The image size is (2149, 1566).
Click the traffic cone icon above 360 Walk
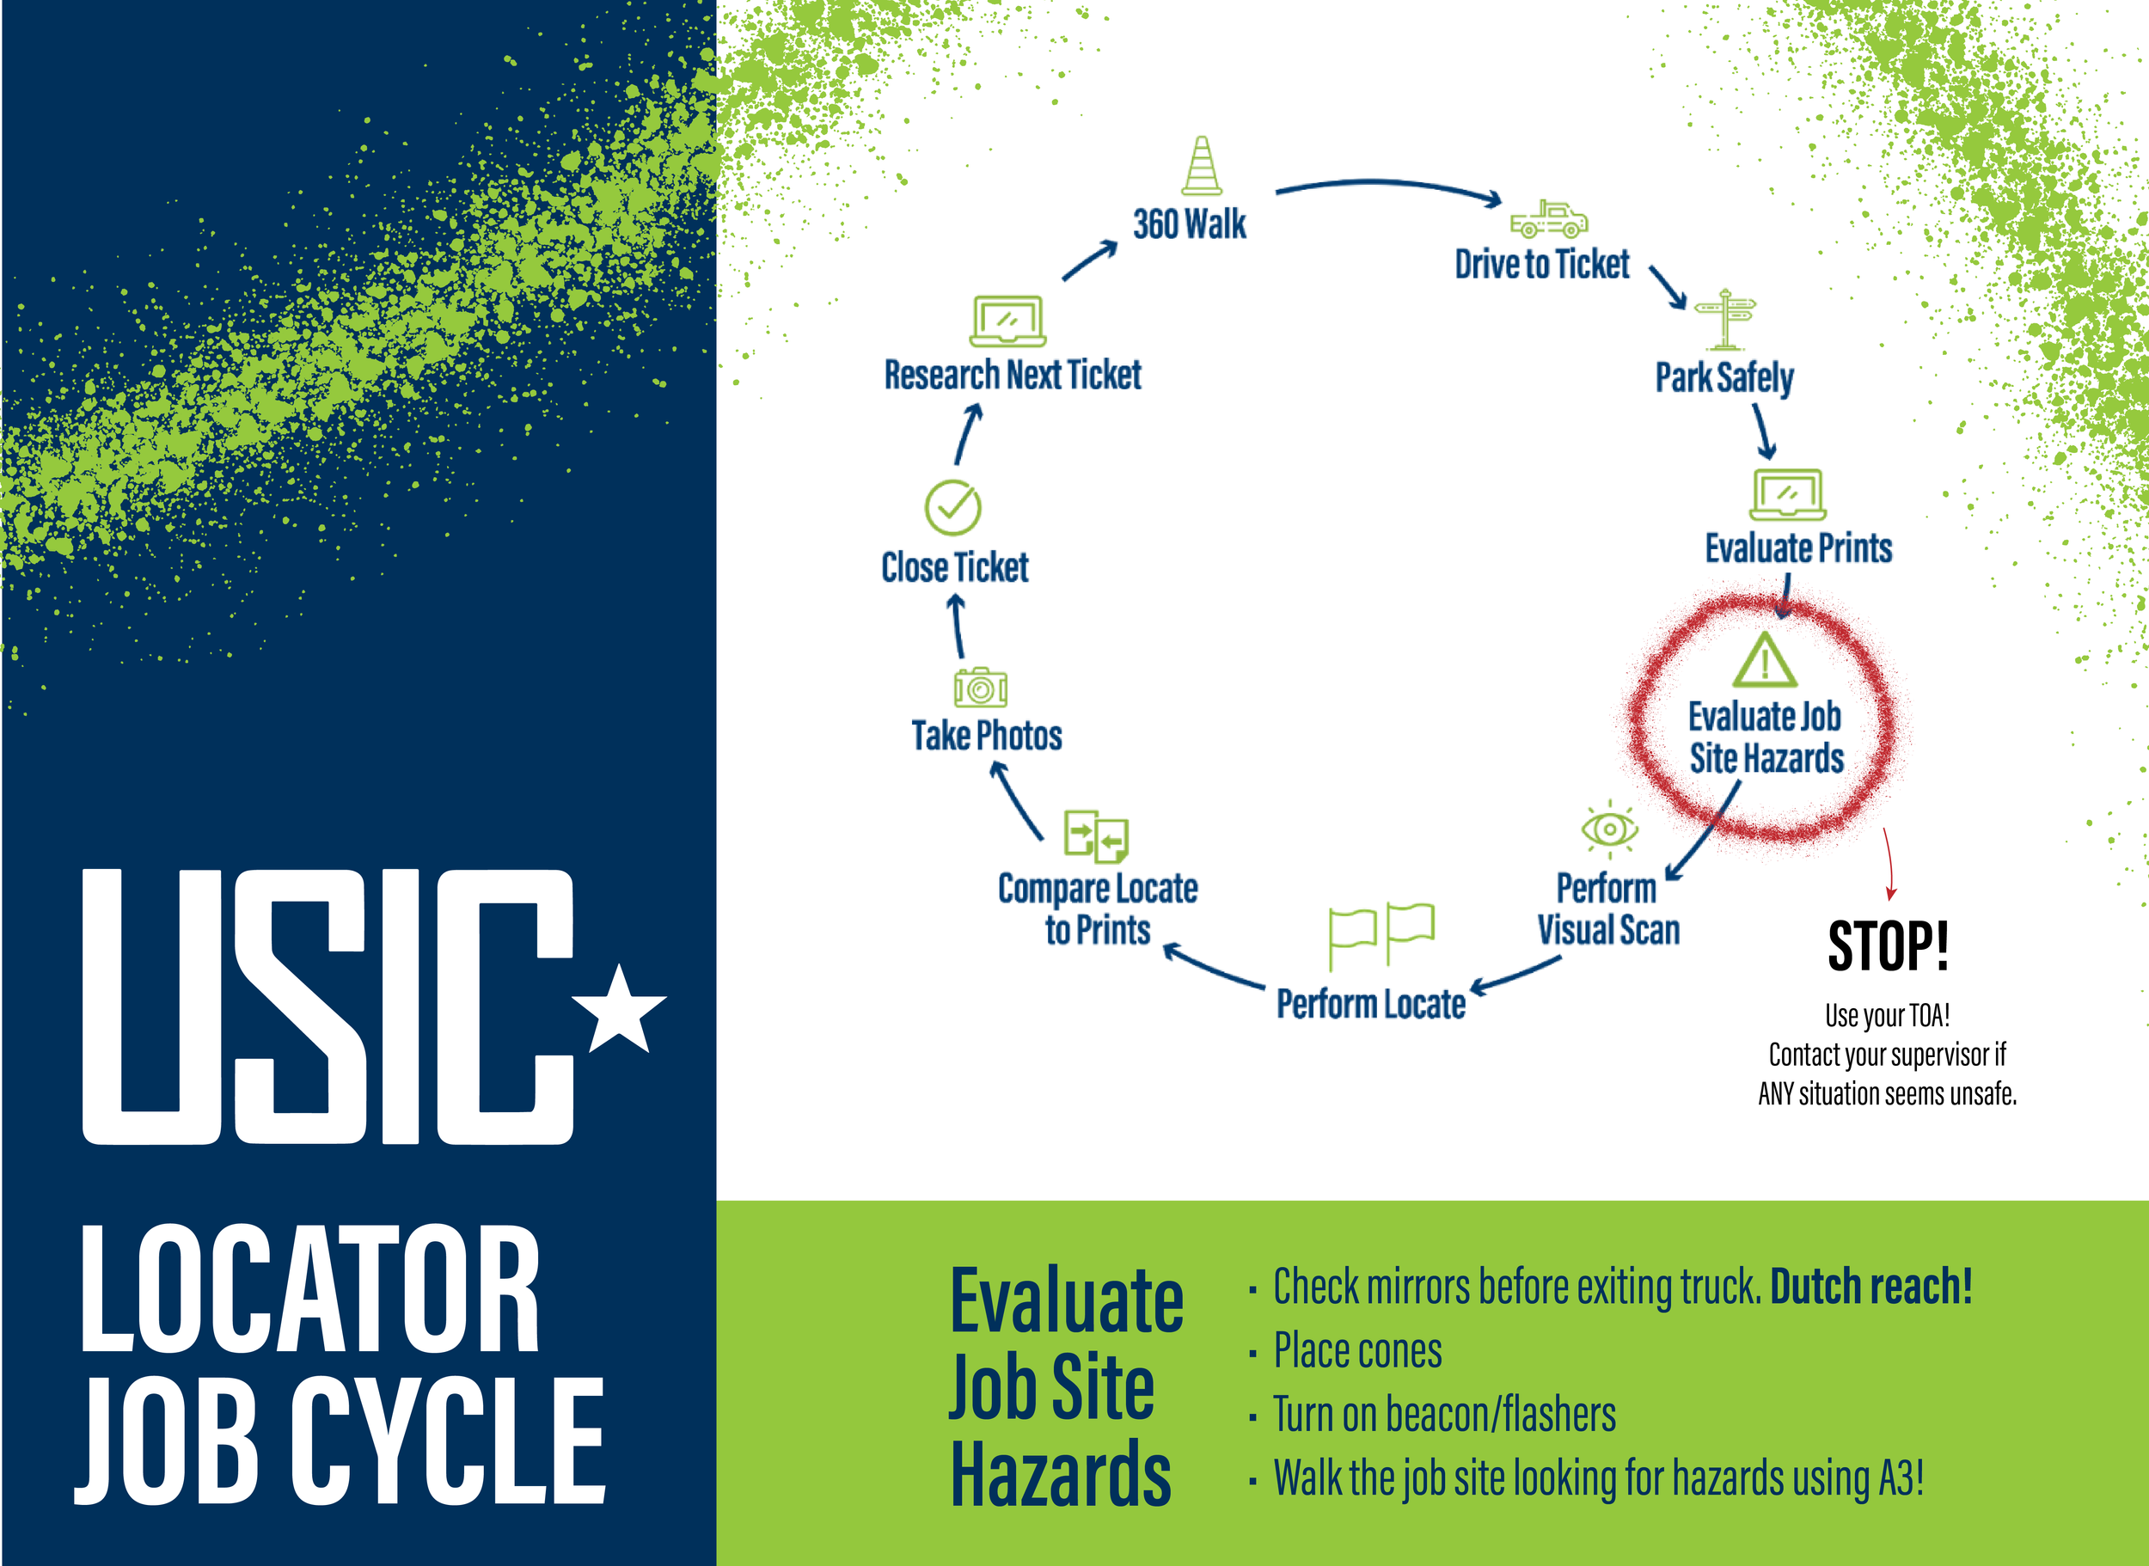click(1201, 167)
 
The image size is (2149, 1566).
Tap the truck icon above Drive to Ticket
click(1548, 219)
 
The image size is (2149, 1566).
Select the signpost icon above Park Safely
click(1725, 319)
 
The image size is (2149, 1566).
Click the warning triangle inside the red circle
click(1764, 661)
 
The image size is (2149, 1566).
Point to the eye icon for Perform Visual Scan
click(1608, 829)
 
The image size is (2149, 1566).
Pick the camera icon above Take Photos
click(980, 688)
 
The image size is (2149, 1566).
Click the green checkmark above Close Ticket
click(952, 507)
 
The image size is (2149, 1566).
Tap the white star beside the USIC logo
click(620, 1012)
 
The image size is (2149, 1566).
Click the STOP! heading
click(1888, 946)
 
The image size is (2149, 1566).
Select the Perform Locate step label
click(1371, 1004)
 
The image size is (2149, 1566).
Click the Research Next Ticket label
click(1013, 376)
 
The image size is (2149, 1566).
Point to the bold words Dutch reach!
click(1870, 1288)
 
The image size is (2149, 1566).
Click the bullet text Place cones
click(1356, 1351)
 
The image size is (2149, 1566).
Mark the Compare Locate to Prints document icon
click(1096, 836)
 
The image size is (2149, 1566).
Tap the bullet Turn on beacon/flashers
click(1444, 1415)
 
